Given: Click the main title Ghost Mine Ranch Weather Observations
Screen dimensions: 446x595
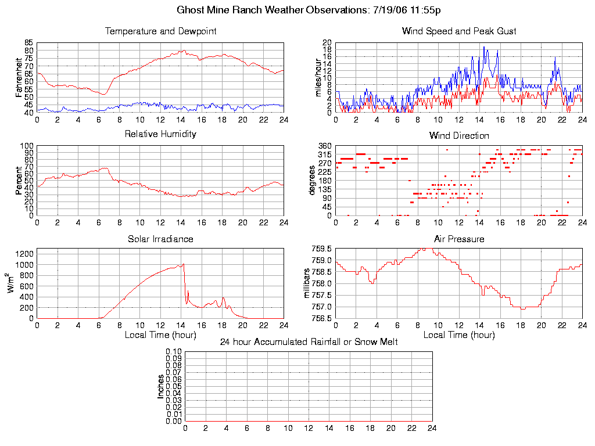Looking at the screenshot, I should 308,10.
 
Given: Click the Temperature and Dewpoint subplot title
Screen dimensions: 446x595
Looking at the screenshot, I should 160,31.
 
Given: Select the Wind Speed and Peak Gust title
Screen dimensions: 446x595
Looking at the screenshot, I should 459,31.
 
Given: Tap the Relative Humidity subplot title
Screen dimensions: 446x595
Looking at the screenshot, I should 160,134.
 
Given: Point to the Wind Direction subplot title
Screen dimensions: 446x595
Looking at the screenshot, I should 459,136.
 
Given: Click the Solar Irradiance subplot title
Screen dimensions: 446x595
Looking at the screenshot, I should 160,239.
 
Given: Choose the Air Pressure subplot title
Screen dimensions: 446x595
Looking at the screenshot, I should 459,239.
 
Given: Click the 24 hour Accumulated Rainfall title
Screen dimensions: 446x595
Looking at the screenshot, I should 309,342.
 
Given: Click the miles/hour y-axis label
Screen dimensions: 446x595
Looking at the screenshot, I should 318,77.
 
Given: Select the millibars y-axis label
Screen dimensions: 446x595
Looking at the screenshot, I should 308,283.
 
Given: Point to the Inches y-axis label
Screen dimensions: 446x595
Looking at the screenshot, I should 161,386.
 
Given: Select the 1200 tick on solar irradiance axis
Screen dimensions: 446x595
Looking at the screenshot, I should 26,253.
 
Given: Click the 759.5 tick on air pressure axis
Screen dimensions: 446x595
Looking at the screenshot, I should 322,249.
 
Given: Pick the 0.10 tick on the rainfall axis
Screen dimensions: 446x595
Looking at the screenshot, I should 174,352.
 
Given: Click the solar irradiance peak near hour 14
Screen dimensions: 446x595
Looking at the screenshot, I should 184,264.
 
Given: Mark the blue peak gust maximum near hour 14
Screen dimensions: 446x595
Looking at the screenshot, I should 483,47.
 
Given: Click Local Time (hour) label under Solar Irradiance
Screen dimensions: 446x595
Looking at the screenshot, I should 160,334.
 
